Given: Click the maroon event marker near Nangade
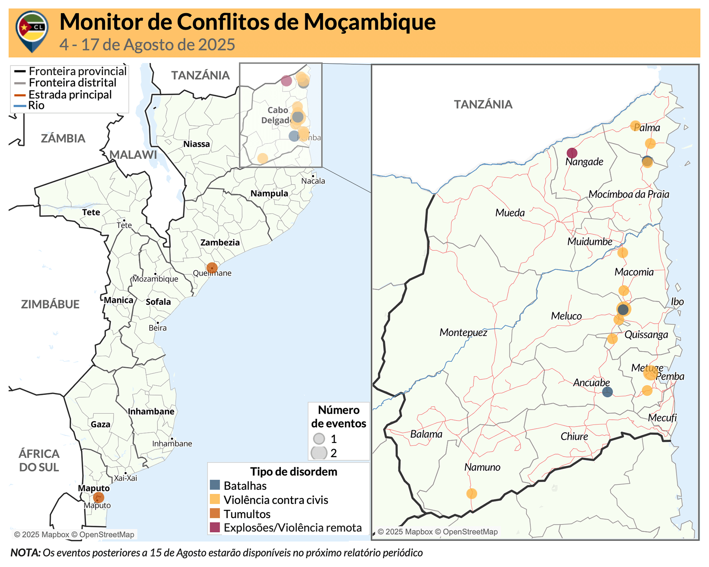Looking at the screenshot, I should tap(572, 153).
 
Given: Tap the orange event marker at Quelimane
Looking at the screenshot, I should tap(212, 268).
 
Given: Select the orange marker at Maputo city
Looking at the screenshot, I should tap(98, 497).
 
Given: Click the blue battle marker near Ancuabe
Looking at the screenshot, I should tap(607, 392).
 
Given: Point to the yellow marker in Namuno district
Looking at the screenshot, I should tap(471, 493).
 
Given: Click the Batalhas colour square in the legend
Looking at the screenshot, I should tap(215, 485).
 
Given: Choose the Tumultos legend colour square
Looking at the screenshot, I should tap(215, 513).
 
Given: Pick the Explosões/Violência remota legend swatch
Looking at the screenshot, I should tap(215, 527).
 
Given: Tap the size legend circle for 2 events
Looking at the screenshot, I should tap(319, 453).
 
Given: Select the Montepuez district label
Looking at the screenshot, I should tap(463, 333).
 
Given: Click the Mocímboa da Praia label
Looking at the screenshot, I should tap(628, 194).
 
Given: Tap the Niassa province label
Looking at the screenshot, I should tap(196, 144).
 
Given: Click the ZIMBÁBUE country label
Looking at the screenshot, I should tap(50, 304).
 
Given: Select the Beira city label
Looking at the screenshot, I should tap(157, 328).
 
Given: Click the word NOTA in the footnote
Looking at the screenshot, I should tap(25, 553).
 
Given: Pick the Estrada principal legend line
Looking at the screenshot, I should tap(20, 95).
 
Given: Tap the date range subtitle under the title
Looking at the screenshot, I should tap(147, 45).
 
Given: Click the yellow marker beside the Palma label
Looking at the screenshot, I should tap(635, 126).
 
